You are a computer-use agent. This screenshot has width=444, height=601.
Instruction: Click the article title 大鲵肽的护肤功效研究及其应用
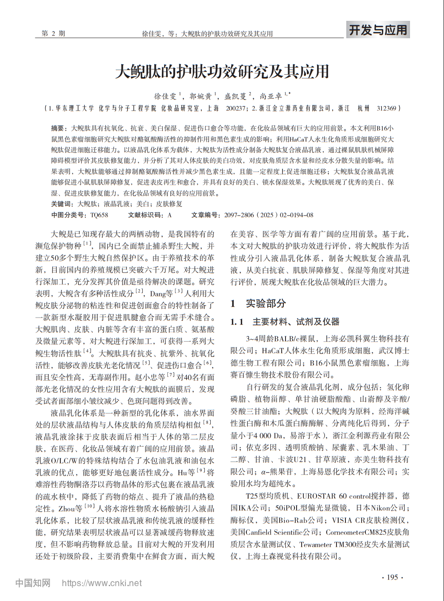click(x=222, y=71)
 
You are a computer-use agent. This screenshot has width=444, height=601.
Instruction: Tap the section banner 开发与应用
click(x=377, y=30)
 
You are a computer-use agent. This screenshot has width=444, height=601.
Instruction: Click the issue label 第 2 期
click(x=54, y=34)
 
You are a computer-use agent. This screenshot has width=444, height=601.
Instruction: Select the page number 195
click(x=392, y=577)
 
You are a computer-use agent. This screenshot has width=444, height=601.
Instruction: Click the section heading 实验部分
click(x=266, y=303)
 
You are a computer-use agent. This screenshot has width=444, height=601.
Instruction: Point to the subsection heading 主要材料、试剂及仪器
click(x=296, y=322)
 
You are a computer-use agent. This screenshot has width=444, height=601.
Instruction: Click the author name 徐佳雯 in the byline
click(x=165, y=96)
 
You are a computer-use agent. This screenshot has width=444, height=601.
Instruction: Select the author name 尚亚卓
click(x=271, y=96)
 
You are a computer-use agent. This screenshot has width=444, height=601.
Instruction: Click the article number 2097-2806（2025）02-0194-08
click(x=269, y=215)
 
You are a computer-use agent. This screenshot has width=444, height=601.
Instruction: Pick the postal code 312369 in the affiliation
click(x=386, y=108)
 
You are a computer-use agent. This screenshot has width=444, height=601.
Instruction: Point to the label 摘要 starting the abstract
click(x=57, y=128)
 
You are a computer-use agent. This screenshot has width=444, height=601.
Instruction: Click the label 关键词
click(x=60, y=204)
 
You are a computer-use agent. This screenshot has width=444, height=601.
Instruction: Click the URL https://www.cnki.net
click(x=102, y=583)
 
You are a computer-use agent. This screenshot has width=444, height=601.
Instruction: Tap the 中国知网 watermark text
click(x=33, y=583)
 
